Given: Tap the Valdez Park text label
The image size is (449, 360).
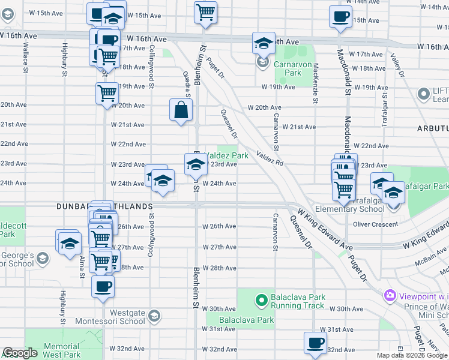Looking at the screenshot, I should [x=227, y=155].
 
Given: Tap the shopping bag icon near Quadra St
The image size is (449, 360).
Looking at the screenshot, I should [x=181, y=110].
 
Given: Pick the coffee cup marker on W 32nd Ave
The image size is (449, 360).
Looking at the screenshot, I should [x=315, y=343].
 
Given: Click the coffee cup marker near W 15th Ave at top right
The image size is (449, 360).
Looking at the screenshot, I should [x=340, y=17].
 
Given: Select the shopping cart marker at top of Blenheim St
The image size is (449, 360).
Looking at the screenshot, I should [x=206, y=12].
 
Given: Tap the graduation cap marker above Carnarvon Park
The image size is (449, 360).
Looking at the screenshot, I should [x=263, y=43].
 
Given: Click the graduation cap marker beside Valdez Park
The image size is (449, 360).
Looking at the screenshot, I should [x=195, y=164].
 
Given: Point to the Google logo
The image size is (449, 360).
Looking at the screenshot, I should [x=20, y=353].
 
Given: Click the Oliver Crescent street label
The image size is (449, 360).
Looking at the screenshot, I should [x=375, y=224].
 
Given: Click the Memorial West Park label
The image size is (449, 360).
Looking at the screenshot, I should [x=62, y=350].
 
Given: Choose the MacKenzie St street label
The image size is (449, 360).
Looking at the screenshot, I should [x=315, y=84].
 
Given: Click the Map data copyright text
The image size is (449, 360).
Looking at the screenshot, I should [x=411, y=355].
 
